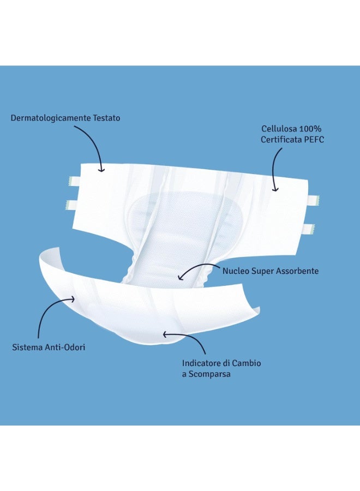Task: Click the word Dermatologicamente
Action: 51,118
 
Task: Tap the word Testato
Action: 107,118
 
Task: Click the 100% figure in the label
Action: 310,129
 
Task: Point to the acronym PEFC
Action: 314,139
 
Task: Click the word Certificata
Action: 281,139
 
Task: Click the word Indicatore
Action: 201,363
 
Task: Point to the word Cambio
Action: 247,363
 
